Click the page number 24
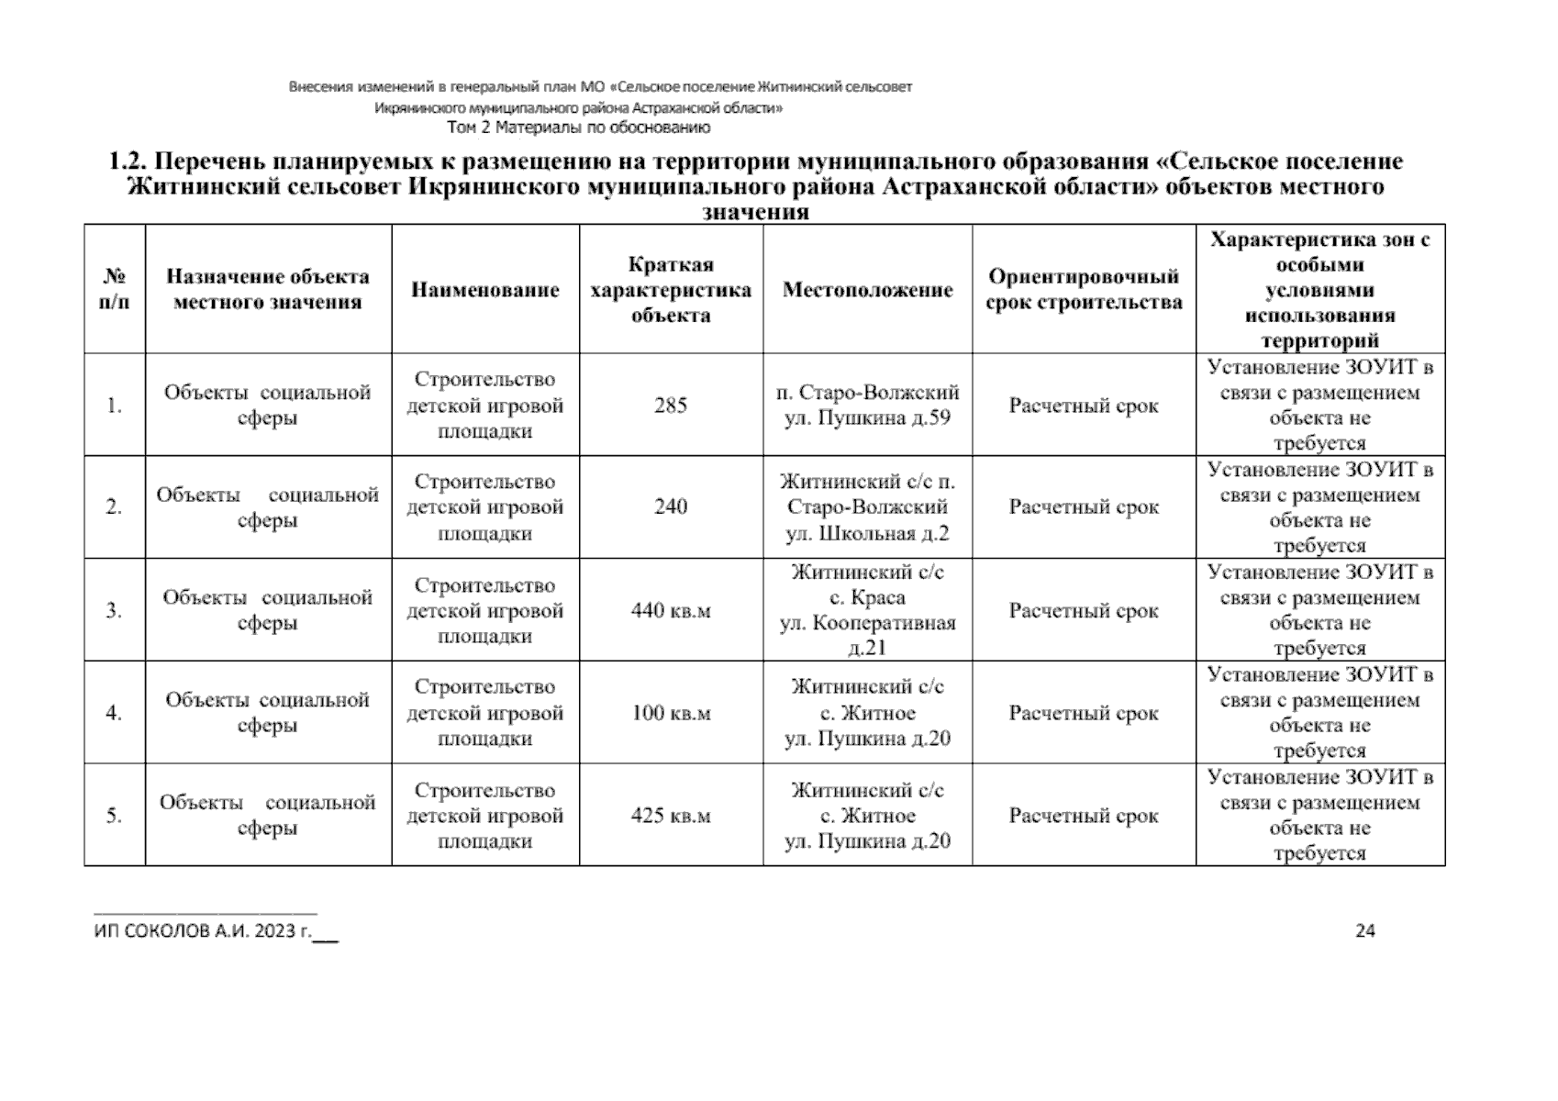click(x=1364, y=930)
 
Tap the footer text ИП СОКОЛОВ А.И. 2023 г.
click(x=203, y=932)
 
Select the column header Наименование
click(x=485, y=290)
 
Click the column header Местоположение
click(x=867, y=290)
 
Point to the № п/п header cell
click(x=114, y=289)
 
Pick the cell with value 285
click(x=670, y=406)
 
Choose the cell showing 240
click(x=670, y=507)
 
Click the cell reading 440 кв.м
click(x=670, y=610)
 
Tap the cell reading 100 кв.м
click(x=670, y=713)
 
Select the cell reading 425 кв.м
click(x=670, y=816)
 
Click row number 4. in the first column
click(x=114, y=713)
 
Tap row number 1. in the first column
click(x=114, y=406)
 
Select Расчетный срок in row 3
click(x=1084, y=610)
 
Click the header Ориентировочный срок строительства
click(x=1084, y=290)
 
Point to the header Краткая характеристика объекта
click(x=670, y=290)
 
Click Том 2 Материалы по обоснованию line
click(x=578, y=128)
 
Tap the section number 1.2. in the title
click(x=128, y=162)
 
